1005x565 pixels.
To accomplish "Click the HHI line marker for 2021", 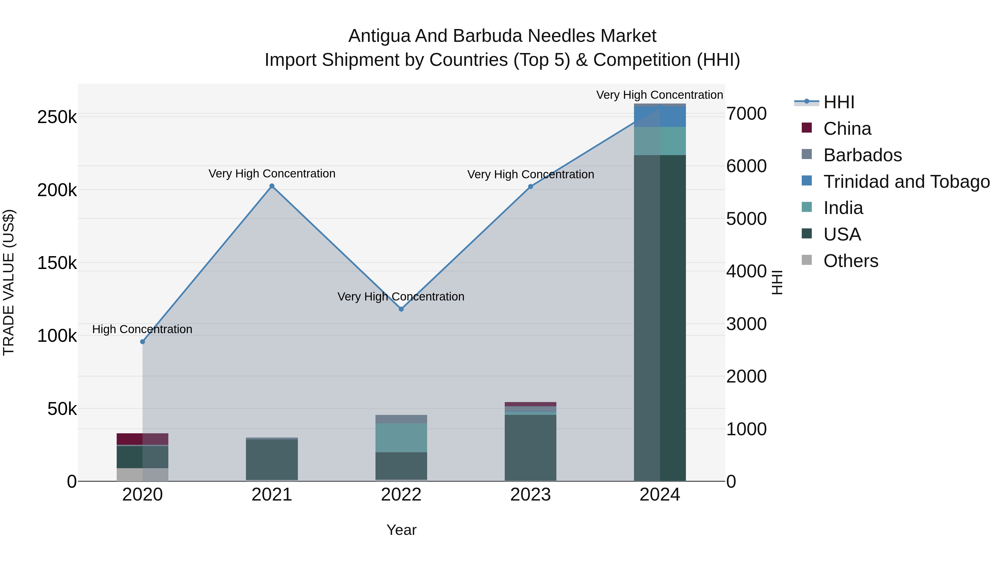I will [272, 186].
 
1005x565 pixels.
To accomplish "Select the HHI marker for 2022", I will [401, 309].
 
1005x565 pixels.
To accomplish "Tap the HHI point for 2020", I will [142, 342].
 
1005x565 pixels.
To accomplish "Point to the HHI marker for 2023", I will [530, 186].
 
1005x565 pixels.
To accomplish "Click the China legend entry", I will [847, 129].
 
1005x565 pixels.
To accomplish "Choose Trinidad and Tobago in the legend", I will [906, 182].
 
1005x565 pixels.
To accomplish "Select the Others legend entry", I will [851, 261].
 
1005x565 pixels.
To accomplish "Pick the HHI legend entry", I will [839, 102].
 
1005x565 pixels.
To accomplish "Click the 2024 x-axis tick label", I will [659, 495].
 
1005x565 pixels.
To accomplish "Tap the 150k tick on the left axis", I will [57, 263].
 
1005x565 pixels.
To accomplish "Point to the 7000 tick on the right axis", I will [746, 114].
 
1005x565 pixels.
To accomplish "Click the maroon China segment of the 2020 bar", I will [142, 439].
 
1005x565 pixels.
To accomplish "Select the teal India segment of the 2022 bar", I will [401, 437].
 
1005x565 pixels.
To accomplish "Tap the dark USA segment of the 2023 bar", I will [530, 448].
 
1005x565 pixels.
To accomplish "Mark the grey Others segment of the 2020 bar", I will [142, 475].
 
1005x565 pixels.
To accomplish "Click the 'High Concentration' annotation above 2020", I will [142, 330].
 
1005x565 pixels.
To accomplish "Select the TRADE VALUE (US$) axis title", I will [9, 282].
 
